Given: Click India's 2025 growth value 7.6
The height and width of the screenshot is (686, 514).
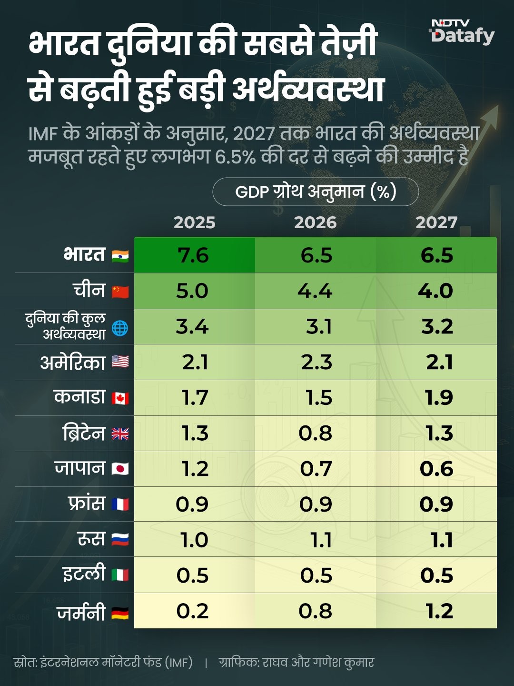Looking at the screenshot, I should click(193, 255).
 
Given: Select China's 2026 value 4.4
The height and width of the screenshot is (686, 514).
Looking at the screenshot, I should click(315, 291).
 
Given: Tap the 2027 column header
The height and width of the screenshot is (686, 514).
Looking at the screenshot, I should click(436, 222).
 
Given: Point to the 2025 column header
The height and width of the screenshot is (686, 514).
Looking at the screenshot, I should click(194, 222).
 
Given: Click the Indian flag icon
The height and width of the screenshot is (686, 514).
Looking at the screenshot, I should click(120, 256).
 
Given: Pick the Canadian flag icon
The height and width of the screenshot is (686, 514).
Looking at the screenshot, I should click(120, 398).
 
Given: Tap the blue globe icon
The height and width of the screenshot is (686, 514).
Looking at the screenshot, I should click(120, 328).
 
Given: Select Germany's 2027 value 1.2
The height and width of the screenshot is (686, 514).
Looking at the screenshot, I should click(439, 611).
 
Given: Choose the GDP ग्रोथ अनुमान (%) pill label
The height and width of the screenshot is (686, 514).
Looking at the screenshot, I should click(316, 192).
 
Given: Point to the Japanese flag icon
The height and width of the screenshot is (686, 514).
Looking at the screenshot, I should click(120, 469).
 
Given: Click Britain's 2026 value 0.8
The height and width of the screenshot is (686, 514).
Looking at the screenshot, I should click(315, 434).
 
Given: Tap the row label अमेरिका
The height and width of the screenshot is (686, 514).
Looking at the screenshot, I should click(72, 363).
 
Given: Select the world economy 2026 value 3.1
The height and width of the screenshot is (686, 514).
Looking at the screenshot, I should click(318, 327).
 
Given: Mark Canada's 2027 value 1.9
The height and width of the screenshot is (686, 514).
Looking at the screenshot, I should click(439, 398).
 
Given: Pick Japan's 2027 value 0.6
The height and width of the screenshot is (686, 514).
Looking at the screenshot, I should click(436, 469).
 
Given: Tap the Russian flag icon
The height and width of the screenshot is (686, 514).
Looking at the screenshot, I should click(120, 540).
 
